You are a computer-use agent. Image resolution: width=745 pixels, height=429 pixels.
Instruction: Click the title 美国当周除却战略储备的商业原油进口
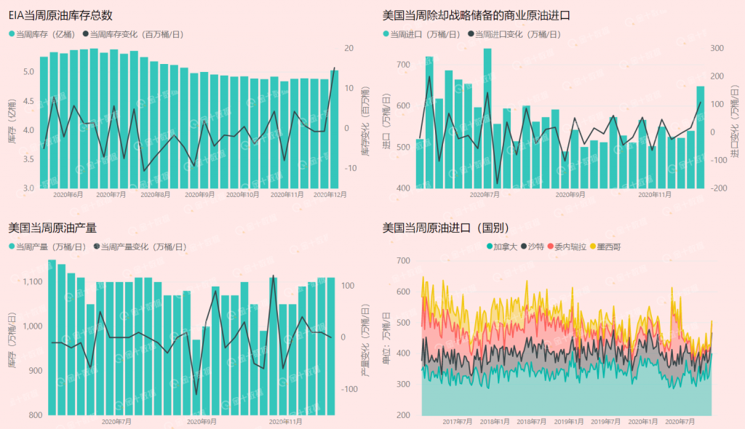(477, 15)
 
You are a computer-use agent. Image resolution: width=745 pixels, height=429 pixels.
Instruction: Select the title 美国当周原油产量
(52, 228)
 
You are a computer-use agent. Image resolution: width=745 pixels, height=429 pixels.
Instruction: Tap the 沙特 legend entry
(535, 247)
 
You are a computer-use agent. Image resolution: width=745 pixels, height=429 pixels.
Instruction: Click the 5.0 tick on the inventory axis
(27, 72)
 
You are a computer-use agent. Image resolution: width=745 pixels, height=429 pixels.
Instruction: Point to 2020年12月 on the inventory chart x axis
(329, 195)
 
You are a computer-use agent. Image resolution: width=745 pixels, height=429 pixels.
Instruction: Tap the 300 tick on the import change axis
(717, 49)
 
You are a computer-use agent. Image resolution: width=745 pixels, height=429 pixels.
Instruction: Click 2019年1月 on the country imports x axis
(568, 421)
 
